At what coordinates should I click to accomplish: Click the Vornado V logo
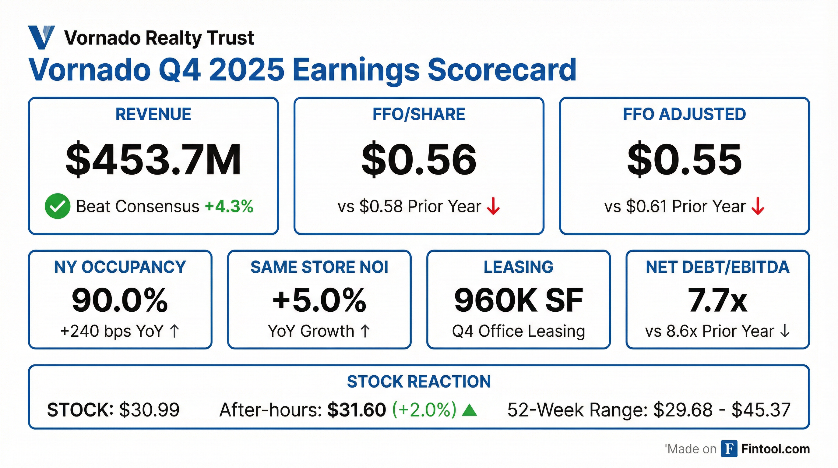click(x=41, y=37)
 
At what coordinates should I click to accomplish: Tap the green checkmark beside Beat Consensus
click(x=58, y=206)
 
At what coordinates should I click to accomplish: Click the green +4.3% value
click(x=229, y=206)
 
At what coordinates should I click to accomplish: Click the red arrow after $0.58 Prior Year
click(x=493, y=206)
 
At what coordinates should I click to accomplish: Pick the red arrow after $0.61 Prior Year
click(x=758, y=206)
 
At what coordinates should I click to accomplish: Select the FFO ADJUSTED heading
click(x=684, y=114)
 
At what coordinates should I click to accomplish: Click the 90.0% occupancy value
click(x=120, y=300)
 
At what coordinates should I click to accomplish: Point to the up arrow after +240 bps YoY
click(x=175, y=331)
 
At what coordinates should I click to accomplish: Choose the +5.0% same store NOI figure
click(x=319, y=300)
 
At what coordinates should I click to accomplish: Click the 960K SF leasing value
click(x=518, y=300)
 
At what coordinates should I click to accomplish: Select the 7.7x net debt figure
click(x=717, y=300)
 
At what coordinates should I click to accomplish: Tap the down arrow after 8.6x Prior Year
click(x=785, y=331)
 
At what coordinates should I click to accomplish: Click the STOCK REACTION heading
click(x=419, y=381)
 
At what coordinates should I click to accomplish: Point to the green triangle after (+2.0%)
click(x=470, y=410)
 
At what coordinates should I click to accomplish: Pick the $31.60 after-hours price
click(x=357, y=410)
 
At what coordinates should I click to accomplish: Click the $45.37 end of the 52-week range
click(x=761, y=410)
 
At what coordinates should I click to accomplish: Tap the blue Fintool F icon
click(x=729, y=449)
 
